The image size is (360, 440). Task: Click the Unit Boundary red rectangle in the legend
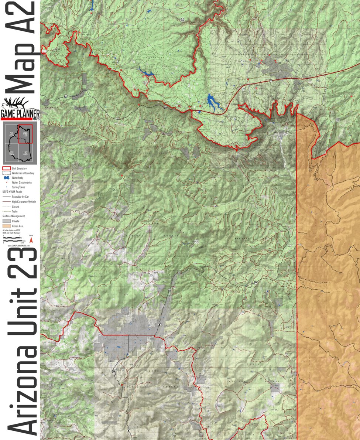click(7, 168)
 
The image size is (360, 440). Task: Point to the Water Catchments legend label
click(22, 183)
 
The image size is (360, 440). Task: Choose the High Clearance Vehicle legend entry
click(24, 202)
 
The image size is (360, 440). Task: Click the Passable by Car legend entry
click(21, 197)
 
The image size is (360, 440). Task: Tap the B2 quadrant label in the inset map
click(25, 153)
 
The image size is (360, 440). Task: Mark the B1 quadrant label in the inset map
click(12, 153)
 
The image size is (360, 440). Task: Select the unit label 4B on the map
click(258, 66)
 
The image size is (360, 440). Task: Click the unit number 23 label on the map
click(196, 242)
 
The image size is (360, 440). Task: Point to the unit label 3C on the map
click(337, 120)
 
